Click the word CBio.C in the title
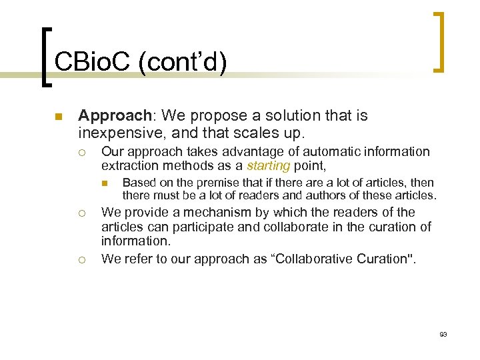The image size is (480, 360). tap(93, 63)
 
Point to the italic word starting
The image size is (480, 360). tap(269, 165)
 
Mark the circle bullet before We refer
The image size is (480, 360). tap(81, 259)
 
